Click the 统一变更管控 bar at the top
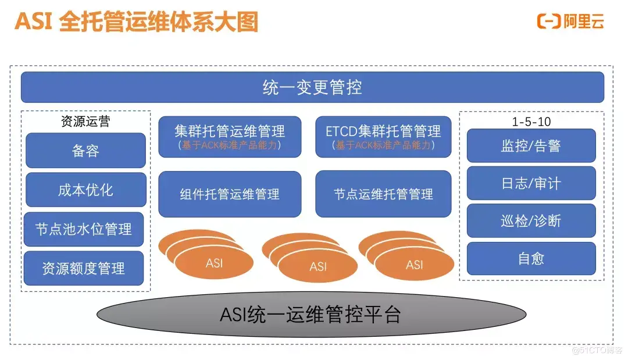[x=312, y=87]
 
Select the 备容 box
[x=85, y=151]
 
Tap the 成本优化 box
[x=85, y=190]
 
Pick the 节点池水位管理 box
[x=84, y=229]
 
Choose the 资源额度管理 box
[x=84, y=268]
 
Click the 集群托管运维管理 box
[x=230, y=137]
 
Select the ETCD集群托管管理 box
[x=383, y=137]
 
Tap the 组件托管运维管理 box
[x=230, y=194]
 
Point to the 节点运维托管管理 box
[x=383, y=194]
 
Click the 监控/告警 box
[x=531, y=145]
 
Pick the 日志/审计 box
[x=531, y=183]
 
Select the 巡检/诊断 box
[x=531, y=221]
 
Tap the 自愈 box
[x=531, y=258]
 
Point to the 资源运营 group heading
[x=85, y=122]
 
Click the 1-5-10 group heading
[x=531, y=122]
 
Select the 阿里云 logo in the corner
[x=570, y=22]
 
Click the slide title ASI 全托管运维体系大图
[x=136, y=22]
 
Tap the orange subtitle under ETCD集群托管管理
[x=383, y=145]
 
